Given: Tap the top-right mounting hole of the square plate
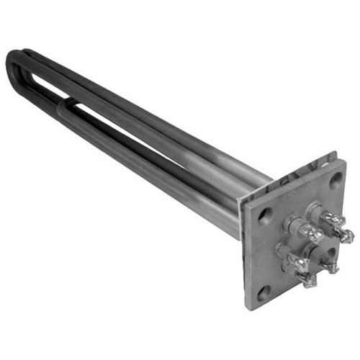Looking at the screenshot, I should (x=333, y=180).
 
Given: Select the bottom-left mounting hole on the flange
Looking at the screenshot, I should (x=264, y=292).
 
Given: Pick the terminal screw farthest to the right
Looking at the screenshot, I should (x=347, y=235).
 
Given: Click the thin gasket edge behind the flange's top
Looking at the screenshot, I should (x=295, y=173).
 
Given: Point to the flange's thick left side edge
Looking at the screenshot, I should (x=245, y=256).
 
